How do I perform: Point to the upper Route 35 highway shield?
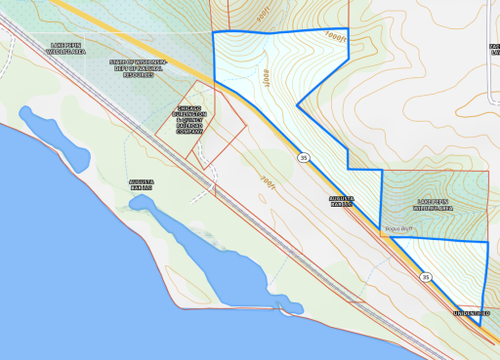click(x=305, y=156)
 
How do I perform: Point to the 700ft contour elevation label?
click(x=270, y=180)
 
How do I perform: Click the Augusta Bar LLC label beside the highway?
click(x=340, y=202)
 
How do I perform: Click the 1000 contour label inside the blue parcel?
click(x=264, y=74)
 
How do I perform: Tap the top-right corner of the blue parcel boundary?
click(x=349, y=28)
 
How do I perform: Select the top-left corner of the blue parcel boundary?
click(x=213, y=32)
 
